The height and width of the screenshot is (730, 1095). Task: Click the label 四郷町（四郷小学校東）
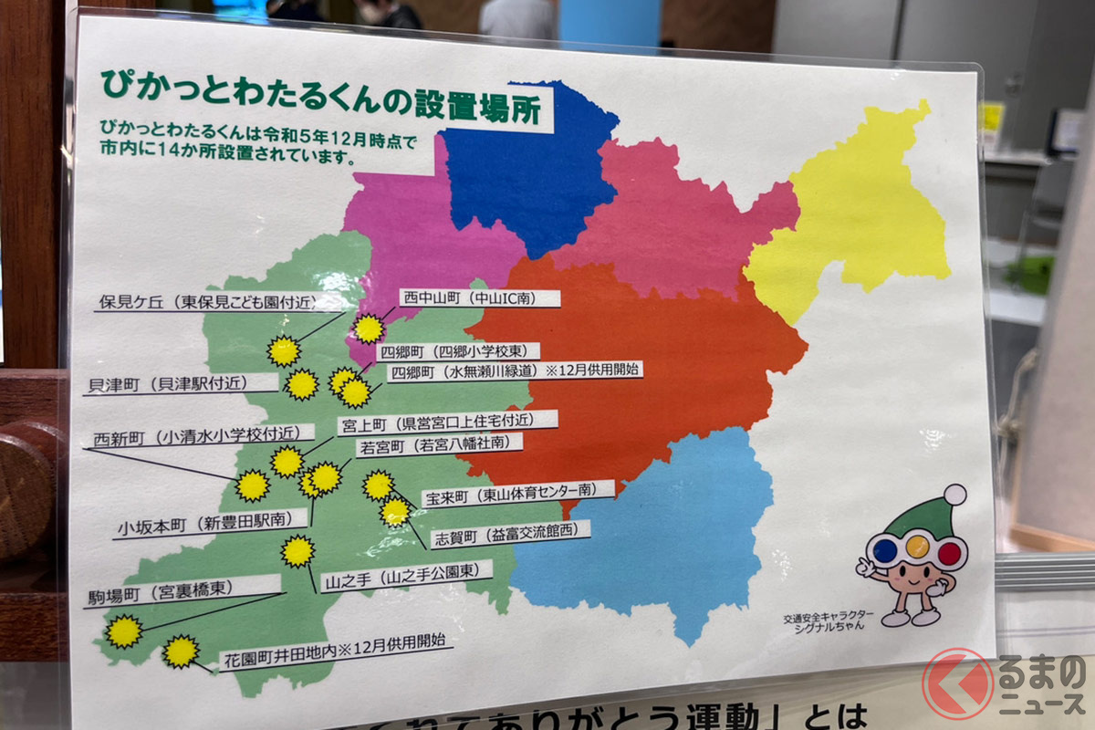460,350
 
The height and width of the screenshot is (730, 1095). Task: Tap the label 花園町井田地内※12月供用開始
335,652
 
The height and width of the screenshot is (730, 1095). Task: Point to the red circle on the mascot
949,551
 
